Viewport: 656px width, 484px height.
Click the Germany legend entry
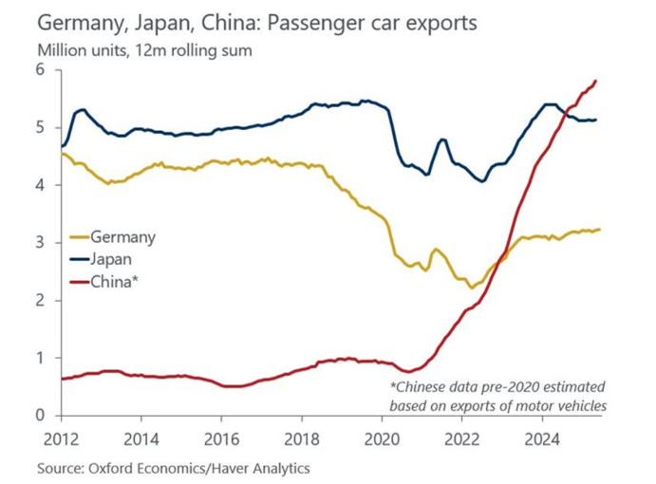coord(122,237)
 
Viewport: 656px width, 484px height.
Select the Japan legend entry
coord(113,259)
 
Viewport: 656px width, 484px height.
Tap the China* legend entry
coord(115,281)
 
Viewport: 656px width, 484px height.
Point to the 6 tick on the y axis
coord(40,69)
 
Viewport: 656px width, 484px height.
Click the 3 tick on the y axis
coord(40,243)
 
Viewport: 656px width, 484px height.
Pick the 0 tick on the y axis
coord(40,416)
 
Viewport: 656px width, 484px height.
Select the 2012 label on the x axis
coord(62,438)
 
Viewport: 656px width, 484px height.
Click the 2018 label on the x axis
coord(301,438)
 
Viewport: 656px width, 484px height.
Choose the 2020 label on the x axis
coord(381,438)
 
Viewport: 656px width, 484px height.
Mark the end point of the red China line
coord(595,81)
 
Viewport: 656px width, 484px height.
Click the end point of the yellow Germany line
coord(600,229)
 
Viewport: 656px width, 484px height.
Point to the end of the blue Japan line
coord(596,120)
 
